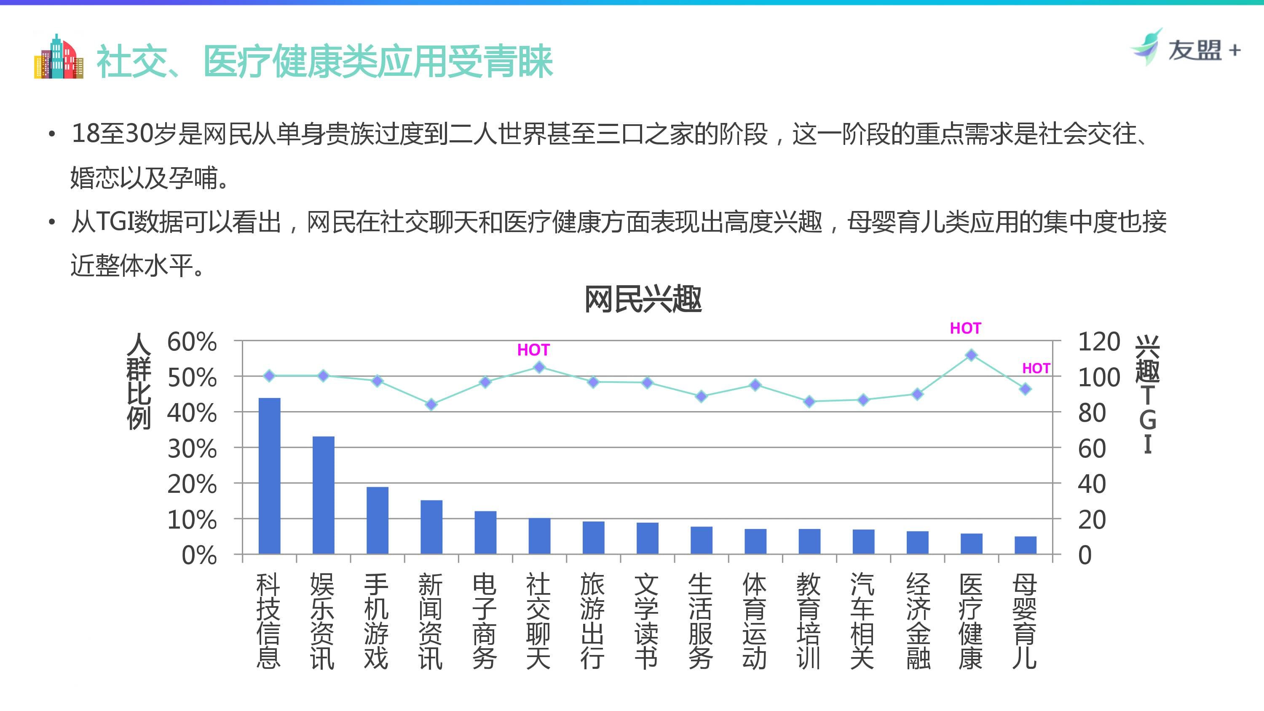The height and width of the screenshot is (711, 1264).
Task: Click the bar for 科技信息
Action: pos(269,476)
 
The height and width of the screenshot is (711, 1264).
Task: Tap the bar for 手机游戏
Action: pos(378,520)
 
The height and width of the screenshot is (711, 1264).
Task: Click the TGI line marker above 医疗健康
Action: pos(971,355)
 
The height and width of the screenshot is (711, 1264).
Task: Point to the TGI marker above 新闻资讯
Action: pos(431,404)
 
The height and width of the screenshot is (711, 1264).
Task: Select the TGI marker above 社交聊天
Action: pos(539,367)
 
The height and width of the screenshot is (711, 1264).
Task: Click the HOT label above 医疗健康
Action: pos(965,328)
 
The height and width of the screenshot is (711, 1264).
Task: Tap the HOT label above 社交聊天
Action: pos(533,350)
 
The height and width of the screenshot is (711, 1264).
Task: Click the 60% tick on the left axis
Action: pos(192,342)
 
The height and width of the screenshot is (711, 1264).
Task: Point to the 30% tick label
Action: pos(192,449)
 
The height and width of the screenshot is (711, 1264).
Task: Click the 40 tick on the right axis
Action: pos(1092,484)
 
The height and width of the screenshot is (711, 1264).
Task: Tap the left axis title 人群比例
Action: pos(139,381)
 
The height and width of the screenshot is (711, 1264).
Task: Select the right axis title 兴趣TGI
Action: pos(1148,395)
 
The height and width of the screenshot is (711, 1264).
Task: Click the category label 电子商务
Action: pos(485,621)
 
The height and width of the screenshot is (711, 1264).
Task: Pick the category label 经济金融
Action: pos(918,621)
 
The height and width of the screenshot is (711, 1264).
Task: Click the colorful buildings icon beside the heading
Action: pos(59,57)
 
